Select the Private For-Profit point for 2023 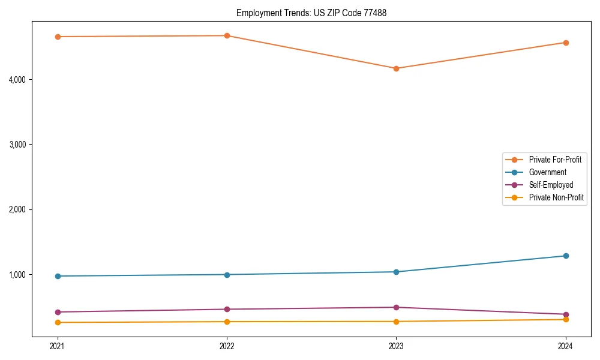tap(396, 68)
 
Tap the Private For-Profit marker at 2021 tap(58, 37)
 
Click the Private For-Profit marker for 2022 tap(227, 35)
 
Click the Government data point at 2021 tap(58, 276)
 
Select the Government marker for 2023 tap(396, 272)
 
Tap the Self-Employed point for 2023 tap(396, 307)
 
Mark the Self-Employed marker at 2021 tap(58, 312)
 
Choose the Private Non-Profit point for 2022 tap(227, 322)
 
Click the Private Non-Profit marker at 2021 tap(58, 322)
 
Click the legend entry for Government tap(547, 172)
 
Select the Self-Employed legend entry tap(551, 185)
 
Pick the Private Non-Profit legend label tap(556, 197)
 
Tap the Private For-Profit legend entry tap(555, 160)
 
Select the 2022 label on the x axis tap(227, 346)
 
